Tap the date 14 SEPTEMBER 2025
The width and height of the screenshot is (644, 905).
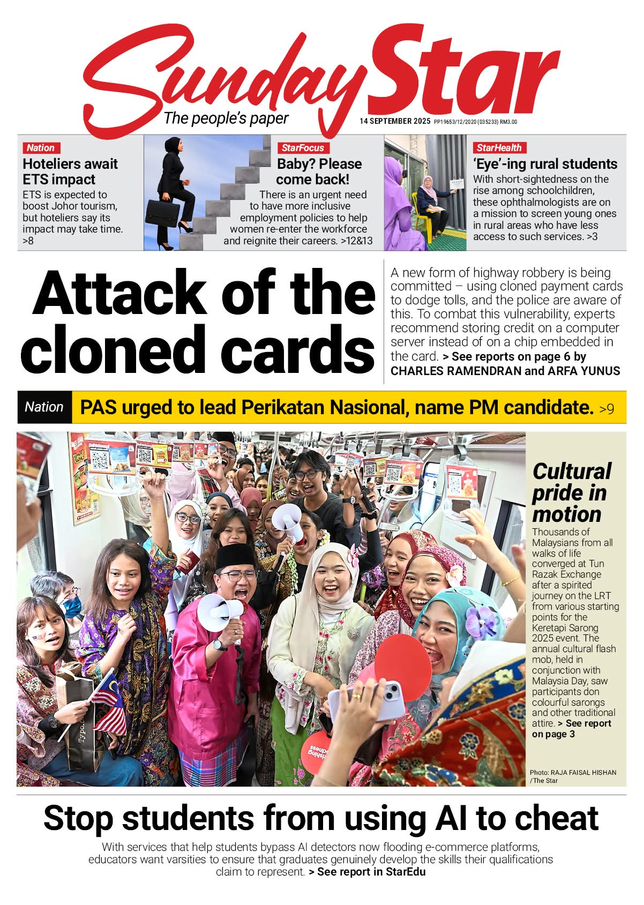click(395, 122)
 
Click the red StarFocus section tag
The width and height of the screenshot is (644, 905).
click(303, 148)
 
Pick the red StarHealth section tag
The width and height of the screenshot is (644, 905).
click(499, 148)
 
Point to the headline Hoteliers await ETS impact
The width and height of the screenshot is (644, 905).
click(70, 171)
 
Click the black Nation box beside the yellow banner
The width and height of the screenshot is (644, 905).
click(44, 407)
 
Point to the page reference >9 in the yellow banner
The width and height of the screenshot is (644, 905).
click(606, 409)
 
